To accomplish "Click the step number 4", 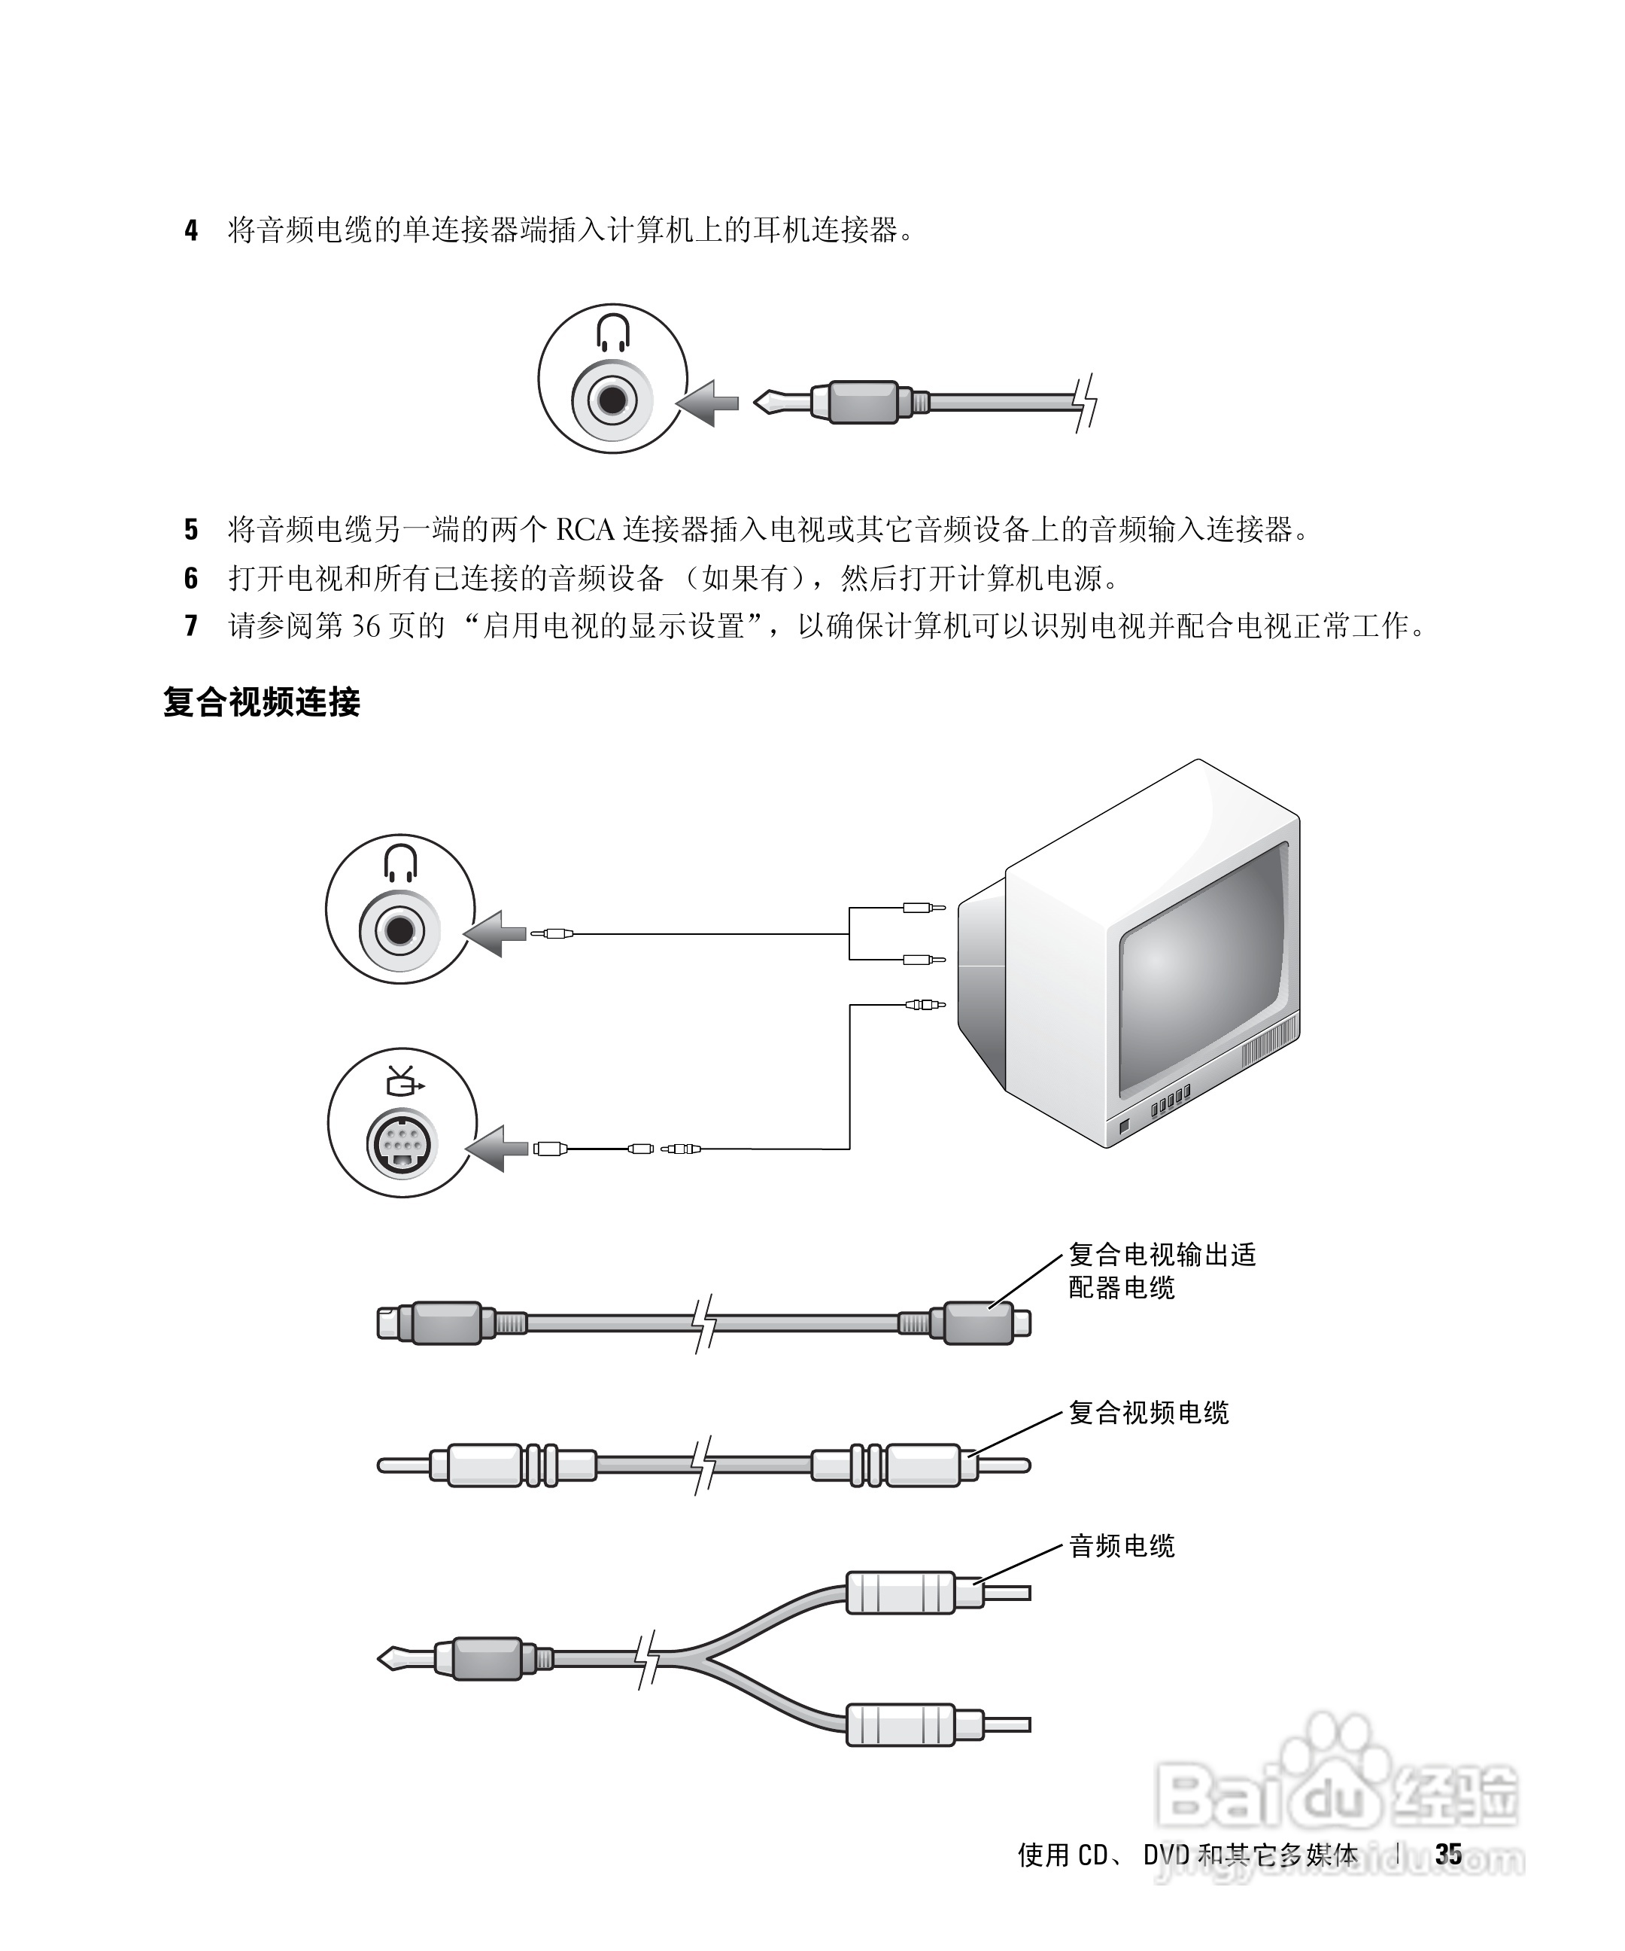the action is (191, 230).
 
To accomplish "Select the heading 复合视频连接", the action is (262, 702).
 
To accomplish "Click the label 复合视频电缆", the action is (1149, 1413).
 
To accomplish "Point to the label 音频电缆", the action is (1122, 1546).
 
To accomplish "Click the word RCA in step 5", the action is (585, 530).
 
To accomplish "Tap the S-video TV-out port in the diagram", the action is (401, 1143).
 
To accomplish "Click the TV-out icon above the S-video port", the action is (403, 1080).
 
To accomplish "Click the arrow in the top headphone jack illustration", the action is (708, 403).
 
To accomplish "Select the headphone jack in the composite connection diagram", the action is (400, 930).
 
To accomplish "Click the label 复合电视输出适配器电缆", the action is (1161, 1271).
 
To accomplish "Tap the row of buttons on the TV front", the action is (1170, 1103).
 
